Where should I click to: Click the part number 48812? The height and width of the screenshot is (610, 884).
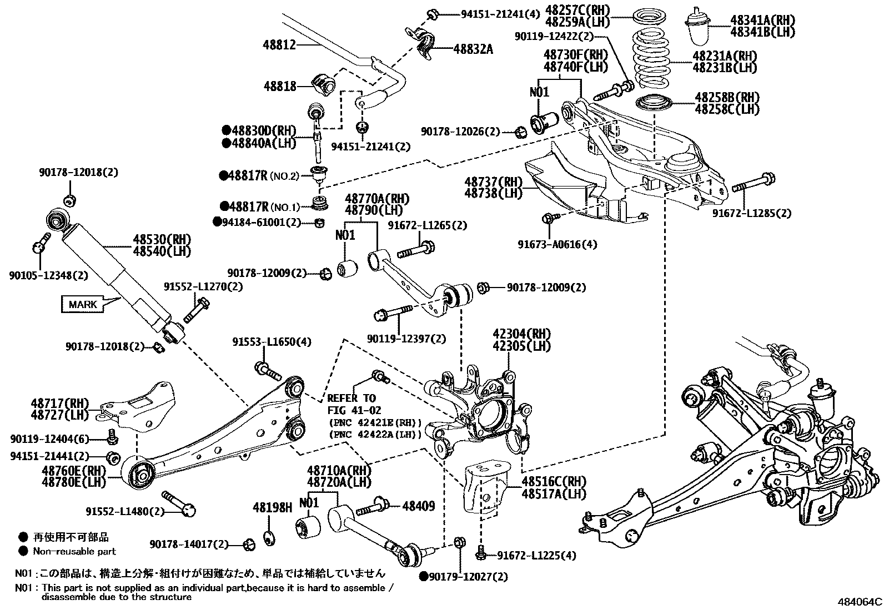click(280, 45)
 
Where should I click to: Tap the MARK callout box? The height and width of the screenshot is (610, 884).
click(83, 304)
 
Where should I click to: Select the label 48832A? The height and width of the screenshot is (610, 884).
click(473, 49)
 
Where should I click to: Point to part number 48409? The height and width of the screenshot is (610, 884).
click(419, 506)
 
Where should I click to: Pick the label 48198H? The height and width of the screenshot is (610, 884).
click(272, 507)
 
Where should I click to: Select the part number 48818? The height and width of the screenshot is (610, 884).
click(280, 86)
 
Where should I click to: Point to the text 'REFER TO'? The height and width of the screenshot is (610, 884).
click(351, 398)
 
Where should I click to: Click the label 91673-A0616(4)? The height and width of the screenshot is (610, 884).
click(557, 244)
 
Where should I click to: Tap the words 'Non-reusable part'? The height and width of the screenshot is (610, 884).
click(74, 551)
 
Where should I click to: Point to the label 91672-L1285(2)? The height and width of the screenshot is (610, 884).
click(752, 213)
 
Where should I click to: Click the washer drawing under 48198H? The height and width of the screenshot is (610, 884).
click(269, 537)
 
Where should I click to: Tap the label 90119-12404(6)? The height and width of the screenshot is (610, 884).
click(49, 438)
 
